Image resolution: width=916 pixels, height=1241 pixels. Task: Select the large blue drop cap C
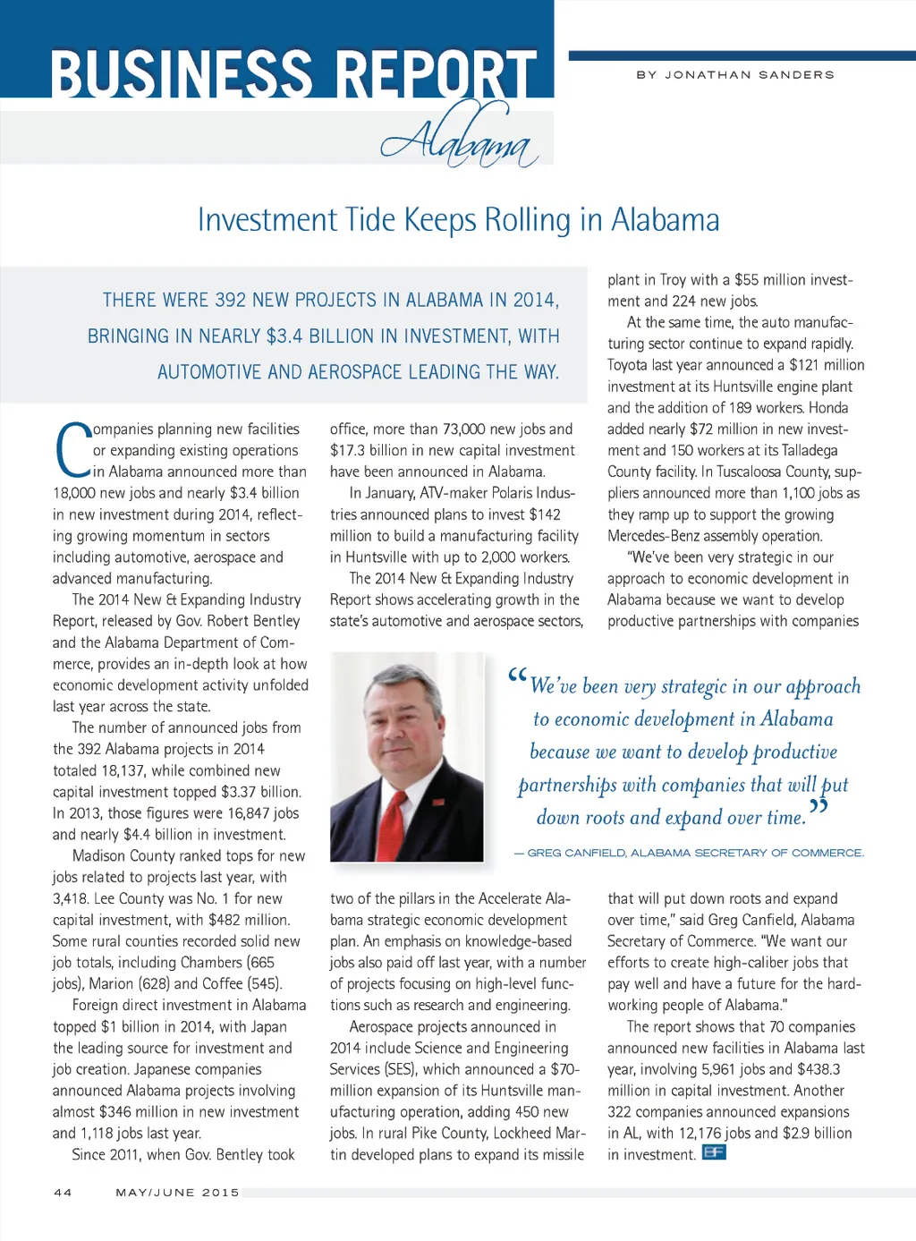click(72, 450)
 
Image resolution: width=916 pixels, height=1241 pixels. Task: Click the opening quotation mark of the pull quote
click(517, 676)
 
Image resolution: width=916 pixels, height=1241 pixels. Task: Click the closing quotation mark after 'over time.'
click(818, 809)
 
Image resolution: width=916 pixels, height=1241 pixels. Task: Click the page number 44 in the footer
click(63, 1192)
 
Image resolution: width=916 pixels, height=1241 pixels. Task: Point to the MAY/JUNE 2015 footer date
click(177, 1192)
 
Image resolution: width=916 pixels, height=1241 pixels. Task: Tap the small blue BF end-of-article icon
click(714, 1152)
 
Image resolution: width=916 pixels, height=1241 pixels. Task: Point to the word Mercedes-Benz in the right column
click(649, 536)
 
